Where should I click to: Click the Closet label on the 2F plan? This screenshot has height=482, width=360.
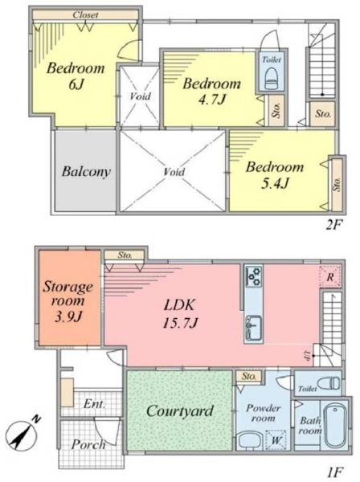click(85, 14)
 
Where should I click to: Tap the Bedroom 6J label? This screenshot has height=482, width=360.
click(76, 76)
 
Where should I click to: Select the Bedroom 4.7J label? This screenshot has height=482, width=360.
click(212, 91)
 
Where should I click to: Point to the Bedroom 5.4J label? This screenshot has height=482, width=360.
click(275, 174)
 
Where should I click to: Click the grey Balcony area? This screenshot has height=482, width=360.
click(85, 170)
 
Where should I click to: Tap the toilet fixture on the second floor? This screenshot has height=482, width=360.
click(272, 77)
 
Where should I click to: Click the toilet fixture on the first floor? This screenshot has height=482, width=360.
click(329, 383)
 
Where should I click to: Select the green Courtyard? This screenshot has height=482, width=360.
click(179, 411)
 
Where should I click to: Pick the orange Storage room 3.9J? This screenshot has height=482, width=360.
click(70, 298)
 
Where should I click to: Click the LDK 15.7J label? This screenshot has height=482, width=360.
click(179, 313)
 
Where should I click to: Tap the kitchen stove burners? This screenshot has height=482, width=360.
click(254, 276)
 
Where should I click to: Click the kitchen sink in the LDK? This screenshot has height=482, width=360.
click(254, 328)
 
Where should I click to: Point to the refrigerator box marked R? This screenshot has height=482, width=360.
click(330, 276)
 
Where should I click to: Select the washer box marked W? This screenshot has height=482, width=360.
click(276, 440)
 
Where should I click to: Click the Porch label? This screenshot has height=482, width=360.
click(88, 444)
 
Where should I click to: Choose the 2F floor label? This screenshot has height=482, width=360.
click(333, 226)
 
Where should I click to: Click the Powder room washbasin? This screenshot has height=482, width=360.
click(250, 440)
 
